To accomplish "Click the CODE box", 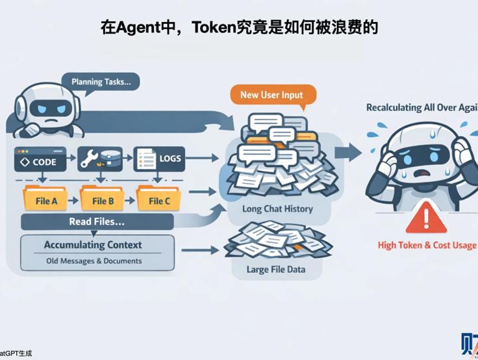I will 40,159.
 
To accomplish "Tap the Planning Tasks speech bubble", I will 101,83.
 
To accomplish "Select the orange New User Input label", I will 271,95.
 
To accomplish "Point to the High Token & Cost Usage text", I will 427,245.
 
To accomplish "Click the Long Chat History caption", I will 277,209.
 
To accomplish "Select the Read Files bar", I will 97,222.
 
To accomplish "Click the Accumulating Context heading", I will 93,246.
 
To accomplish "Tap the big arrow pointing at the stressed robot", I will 349,153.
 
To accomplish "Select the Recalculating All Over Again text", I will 421,108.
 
